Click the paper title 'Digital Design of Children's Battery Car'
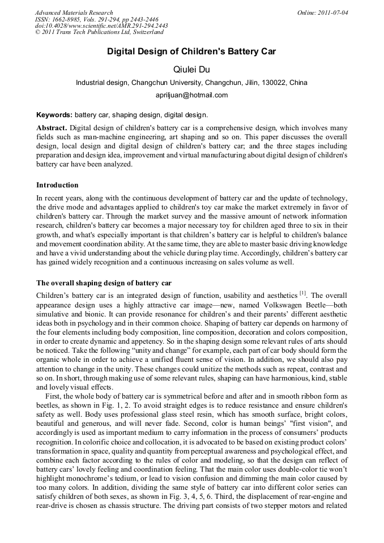coord(191,52)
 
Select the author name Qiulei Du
coord(191,69)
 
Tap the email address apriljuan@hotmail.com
coord(191,95)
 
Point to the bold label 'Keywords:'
coord(54,114)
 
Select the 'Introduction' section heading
coord(57,185)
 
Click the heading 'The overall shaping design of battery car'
coord(104,283)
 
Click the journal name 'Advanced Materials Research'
coord(74,12)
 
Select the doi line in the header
coord(101,26)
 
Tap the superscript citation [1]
coord(302,293)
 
